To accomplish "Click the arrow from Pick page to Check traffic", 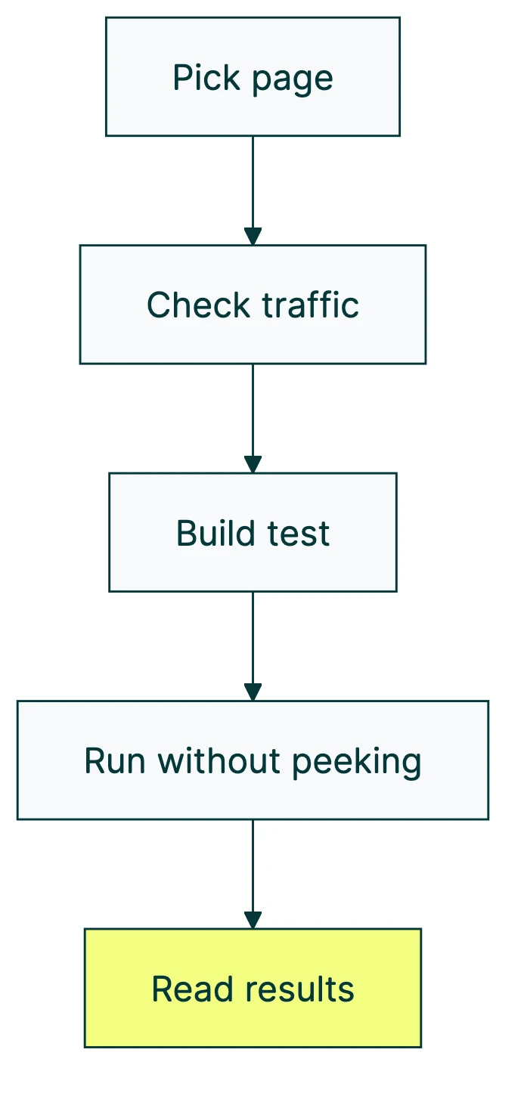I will click(253, 189).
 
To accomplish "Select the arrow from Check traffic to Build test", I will click(253, 417).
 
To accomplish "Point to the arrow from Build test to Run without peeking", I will click(253, 645).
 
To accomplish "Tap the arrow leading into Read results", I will click(253, 873).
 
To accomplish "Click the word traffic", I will click(310, 305).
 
